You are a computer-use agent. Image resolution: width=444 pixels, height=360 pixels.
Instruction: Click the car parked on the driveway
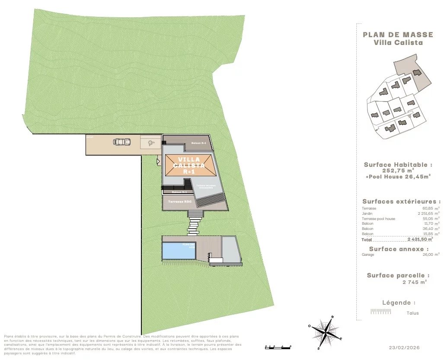point(121,141)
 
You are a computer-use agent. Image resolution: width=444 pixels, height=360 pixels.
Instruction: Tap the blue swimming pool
point(178,251)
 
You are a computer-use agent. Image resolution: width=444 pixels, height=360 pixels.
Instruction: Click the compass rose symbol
point(325,334)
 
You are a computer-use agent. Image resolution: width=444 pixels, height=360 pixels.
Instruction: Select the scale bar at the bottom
point(278,347)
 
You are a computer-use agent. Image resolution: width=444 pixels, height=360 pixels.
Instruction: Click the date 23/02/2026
point(405,347)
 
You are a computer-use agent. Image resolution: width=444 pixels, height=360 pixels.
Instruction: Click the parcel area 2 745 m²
point(414,282)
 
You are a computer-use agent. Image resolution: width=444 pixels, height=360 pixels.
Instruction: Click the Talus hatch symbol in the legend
point(381,311)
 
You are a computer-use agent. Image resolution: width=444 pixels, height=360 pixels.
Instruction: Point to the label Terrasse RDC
point(180,202)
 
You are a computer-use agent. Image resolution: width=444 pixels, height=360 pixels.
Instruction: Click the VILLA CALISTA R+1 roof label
point(188,166)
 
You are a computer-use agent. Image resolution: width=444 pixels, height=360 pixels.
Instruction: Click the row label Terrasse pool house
point(378,219)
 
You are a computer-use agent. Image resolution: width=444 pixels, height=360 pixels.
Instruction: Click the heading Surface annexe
point(399,249)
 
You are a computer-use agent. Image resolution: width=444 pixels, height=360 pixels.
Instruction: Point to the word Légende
point(399,303)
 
